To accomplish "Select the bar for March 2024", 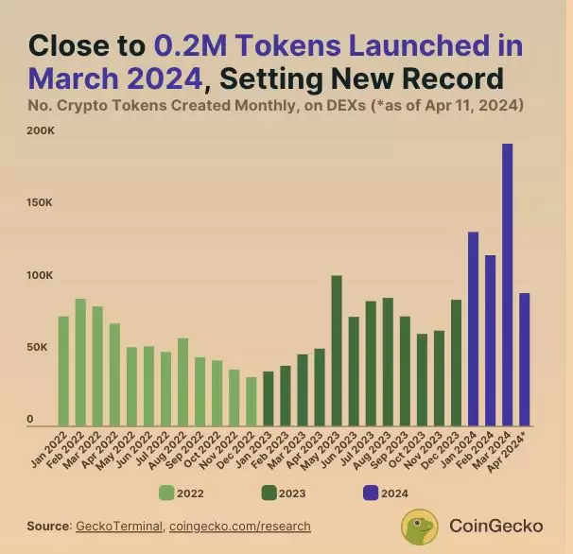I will pyautogui.click(x=507, y=285).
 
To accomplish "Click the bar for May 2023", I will pyautogui.click(x=336, y=351).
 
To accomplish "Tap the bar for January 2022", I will pyautogui.click(x=63, y=371).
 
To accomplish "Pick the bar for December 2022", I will pyautogui.click(x=251, y=402).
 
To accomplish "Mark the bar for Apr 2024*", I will pyautogui.click(x=524, y=359).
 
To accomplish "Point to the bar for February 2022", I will pyautogui.click(x=80, y=362).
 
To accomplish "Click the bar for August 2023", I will pyautogui.click(x=387, y=362).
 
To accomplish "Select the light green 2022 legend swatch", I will pyautogui.click(x=166, y=492).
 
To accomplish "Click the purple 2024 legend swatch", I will pyautogui.click(x=371, y=492).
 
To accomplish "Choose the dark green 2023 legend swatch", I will pyautogui.click(x=269, y=492).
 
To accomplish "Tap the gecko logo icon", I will pyautogui.click(x=420, y=527).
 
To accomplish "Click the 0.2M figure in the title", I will pyautogui.click(x=195, y=45).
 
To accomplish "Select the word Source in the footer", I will pyautogui.click(x=48, y=526).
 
